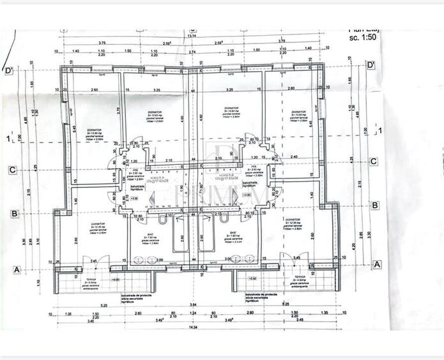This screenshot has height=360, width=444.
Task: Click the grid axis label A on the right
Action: point(377,263)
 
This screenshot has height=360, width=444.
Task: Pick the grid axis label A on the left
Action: point(11,269)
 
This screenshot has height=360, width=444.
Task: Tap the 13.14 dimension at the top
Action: point(193,36)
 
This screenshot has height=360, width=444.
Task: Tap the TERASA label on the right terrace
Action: point(300,278)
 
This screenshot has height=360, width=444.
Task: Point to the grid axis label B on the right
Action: point(375,205)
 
